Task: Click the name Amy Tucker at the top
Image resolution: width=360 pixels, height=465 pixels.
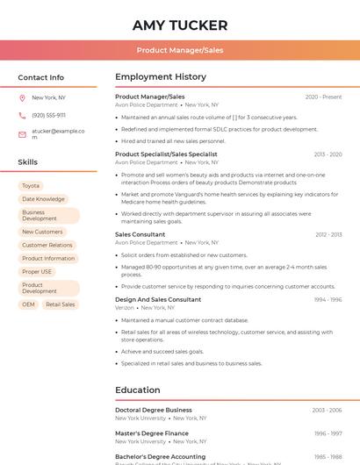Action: click(180, 25)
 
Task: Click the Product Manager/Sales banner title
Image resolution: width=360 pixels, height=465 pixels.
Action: click(180, 50)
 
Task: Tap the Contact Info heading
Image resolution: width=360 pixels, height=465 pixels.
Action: click(41, 77)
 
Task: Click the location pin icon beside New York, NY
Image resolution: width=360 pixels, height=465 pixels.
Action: click(22, 97)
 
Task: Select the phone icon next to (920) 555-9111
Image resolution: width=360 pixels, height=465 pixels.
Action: click(22, 115)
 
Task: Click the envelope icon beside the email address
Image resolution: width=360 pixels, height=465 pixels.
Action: click(22, 133)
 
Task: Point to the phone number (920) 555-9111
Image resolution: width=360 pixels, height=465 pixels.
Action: click(48, 115)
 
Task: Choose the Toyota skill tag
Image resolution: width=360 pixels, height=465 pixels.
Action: click(31, 186)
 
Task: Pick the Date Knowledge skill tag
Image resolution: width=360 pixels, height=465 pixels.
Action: click(43, 199)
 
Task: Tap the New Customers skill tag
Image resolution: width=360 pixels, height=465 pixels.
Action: click(42, 232)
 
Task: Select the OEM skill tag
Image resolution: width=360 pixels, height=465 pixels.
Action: click(29, 304)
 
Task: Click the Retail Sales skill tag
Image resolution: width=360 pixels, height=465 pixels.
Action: click(61, 304)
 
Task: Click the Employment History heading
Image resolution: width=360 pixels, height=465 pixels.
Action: click(161, 77)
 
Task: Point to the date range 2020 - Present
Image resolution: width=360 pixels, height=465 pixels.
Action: click(323, 97)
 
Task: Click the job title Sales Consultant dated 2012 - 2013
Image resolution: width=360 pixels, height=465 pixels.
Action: click(140, 234)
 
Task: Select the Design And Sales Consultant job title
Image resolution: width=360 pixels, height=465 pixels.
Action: click(158, 299)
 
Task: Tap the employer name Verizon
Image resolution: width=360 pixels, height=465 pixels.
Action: click(125, 308)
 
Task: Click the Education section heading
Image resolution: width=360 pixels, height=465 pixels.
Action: click(138, 390)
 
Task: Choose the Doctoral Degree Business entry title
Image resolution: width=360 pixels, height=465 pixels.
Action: click(154, 410)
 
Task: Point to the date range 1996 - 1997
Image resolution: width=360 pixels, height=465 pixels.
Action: click(328, 433)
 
